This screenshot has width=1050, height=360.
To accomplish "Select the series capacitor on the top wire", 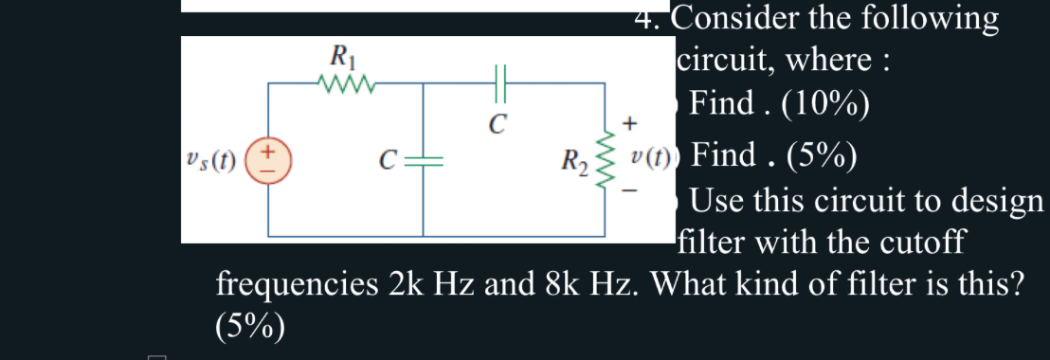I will pos(501,84).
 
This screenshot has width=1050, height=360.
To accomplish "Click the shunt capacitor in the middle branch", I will pos(423,159).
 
